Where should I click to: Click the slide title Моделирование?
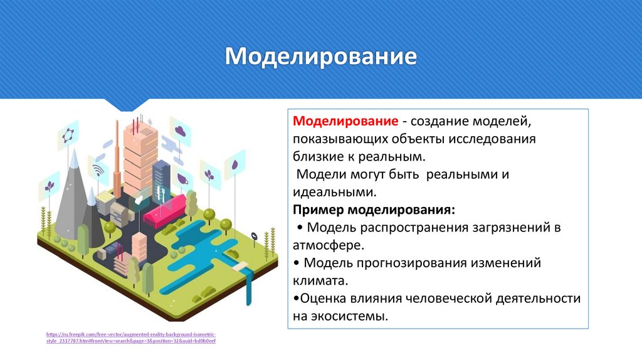[321, 56]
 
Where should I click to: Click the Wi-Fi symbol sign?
[98, 169]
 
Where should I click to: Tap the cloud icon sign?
[180, 131]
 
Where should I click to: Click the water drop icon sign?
[234, 164]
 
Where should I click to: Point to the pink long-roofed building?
[165, 210]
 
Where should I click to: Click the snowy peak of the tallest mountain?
[75, 159]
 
